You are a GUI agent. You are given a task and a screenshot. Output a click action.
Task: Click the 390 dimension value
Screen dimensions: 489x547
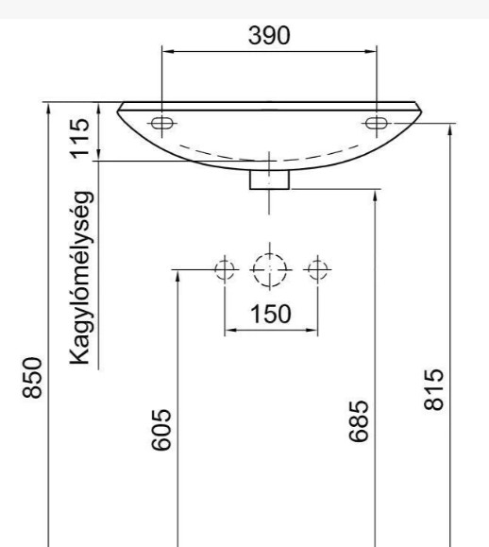[x=269, y=35]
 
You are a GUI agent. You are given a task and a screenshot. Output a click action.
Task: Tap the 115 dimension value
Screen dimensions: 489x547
[x=80, y=139]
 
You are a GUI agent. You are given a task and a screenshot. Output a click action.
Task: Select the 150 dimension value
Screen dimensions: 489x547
[x=271, y=314]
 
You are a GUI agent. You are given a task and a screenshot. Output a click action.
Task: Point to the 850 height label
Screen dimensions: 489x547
[x=32, y=378]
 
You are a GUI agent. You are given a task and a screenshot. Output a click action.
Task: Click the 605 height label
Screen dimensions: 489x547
[x=161, y=430]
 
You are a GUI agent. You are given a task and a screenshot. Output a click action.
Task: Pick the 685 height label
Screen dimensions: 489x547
[x=359, y=421]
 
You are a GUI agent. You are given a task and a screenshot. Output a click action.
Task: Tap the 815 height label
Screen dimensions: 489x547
[x=434, y=389]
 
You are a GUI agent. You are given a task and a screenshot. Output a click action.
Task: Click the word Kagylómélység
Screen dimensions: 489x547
[x=81, y=278]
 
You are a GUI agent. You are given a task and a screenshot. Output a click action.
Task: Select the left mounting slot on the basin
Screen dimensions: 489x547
[x=162, y=123]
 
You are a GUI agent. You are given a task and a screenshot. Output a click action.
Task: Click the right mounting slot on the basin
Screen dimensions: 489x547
[x=377, y=123]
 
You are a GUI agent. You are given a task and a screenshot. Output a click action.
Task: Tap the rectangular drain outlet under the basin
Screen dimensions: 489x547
[x=269, y=179]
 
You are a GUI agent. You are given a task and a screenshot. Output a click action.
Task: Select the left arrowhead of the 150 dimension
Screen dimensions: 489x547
[x=230, y=330]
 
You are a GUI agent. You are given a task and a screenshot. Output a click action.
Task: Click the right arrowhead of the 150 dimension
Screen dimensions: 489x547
[x=312, y=330]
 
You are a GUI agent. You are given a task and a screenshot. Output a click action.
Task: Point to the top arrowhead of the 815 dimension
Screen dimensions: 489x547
[x=450, y=129]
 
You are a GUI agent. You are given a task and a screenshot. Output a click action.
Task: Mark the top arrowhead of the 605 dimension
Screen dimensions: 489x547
[x=177, y=276]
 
